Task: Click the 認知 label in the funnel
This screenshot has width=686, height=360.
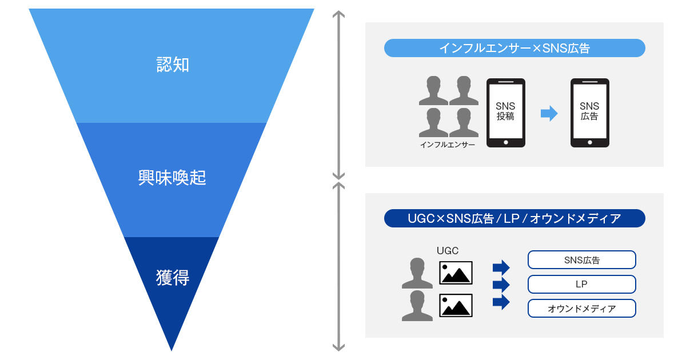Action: coord(172,65)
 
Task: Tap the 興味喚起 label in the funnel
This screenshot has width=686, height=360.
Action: coord(172,178)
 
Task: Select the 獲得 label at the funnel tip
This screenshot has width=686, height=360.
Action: coord(172,278)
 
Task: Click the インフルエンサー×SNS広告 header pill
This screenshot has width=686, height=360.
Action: coord(514,48)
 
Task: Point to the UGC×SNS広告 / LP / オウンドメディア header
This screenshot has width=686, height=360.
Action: coord(514,218)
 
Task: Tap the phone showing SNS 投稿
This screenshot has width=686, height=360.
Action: coord(505,113)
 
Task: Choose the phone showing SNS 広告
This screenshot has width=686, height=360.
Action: coord(589,113)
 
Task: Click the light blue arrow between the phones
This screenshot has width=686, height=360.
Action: coord(549,114)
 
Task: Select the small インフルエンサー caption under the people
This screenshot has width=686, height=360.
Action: coord(448,145)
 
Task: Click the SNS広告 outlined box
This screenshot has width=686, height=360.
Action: coord(581,260)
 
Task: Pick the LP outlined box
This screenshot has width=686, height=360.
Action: coord(581,284)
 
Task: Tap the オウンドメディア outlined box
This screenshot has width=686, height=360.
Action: coord(581,309)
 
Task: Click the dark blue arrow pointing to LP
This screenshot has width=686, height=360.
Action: coord(501,285)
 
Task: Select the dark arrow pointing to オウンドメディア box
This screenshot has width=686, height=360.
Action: coord(501,302)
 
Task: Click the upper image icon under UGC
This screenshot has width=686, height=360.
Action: coord(456,273)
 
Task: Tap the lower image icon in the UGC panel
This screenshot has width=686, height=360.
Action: coord(456,305)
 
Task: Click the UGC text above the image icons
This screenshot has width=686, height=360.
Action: coord(448,250)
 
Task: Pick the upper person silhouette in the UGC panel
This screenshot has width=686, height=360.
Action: coord(417,273)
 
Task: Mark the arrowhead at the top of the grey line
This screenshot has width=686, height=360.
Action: coord(339,14)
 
